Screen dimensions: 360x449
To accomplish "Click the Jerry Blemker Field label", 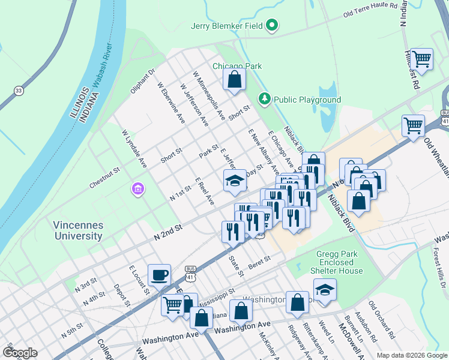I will (x=228, y=26).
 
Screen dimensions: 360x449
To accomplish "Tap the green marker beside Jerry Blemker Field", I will (x=272, y=25).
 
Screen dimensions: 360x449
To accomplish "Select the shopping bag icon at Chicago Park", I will (x=234, y=79).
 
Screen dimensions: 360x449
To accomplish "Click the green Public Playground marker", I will (x=264, y=98).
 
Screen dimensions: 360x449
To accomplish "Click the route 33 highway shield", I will (x=19, y=91).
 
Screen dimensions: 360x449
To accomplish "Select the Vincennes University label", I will (x=79, y=230).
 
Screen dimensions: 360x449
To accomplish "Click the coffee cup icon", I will (x=159, y=275).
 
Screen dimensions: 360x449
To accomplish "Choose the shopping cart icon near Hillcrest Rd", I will (x=421, y=59).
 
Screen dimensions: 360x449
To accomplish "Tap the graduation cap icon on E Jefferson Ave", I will (x=235, y=180).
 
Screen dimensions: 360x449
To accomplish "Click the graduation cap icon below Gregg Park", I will (x=325, y=289).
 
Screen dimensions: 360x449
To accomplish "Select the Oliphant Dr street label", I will (x=143, y=82).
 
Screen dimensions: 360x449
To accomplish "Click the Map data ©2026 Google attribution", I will (x=411, y=355).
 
